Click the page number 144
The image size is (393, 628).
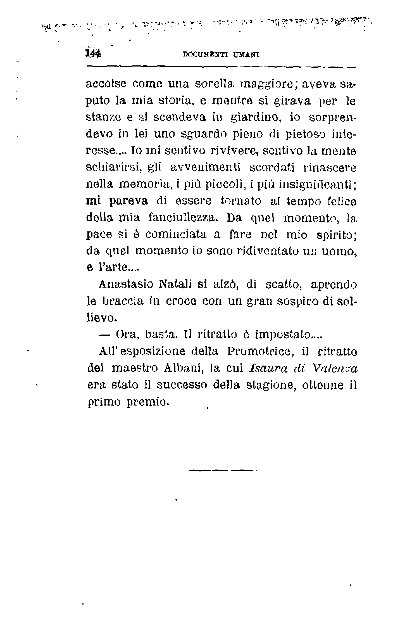[93, 53]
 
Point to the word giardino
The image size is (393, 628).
[254, 117]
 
